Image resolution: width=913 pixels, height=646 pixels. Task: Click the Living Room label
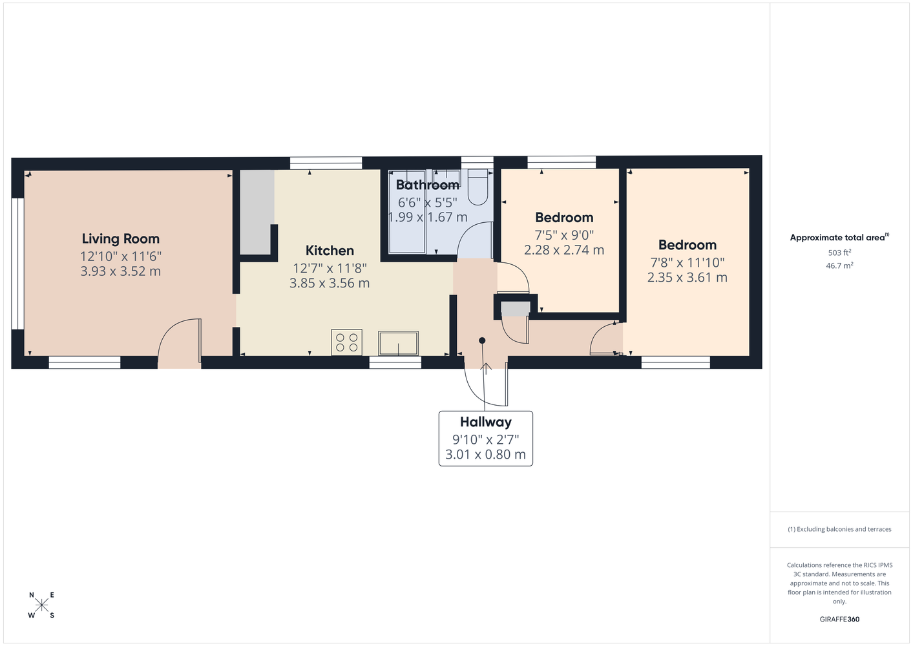pos(121,239)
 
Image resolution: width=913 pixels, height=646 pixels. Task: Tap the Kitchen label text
pos(330,250)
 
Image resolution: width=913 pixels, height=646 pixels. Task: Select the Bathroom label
pos(428,185)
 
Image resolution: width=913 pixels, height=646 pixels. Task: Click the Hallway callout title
pos(485,422)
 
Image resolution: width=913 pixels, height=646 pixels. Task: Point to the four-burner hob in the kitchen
pos(346,342)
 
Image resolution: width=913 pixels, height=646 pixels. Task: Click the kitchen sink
pos(398,343)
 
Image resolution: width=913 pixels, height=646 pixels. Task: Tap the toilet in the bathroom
pos(477,187)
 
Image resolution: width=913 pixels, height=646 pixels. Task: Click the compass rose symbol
pos(41,605)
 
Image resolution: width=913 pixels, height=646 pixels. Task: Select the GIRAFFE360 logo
pos(839,619)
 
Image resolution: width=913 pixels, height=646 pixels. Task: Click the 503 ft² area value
pos(839,253)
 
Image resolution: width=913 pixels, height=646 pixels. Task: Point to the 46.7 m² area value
pos(839,266)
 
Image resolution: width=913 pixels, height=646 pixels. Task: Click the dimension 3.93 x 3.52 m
pos(121,271)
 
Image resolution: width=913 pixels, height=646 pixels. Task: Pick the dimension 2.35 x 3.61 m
pos(687,278)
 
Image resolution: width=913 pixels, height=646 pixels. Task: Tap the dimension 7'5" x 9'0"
pos(564,235)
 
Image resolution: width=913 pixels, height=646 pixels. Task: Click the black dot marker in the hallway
pos(482,340)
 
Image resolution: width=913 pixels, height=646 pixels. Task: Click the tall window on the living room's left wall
pos(17,264)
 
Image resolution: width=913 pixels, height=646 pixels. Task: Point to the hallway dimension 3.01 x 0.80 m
pos(485,454)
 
